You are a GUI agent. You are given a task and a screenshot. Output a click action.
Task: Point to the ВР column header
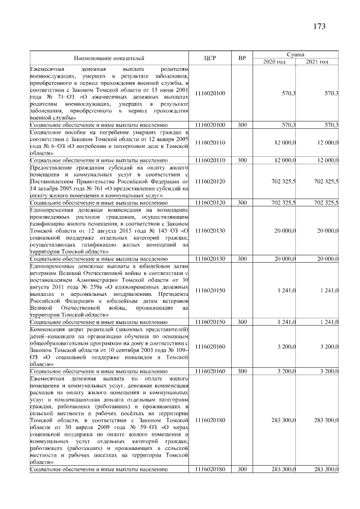click(x=242, y=58)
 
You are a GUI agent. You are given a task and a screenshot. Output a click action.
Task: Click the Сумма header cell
click(x=296, y=54)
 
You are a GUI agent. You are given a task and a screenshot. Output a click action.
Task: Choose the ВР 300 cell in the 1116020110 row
click(x=242, y=160)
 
